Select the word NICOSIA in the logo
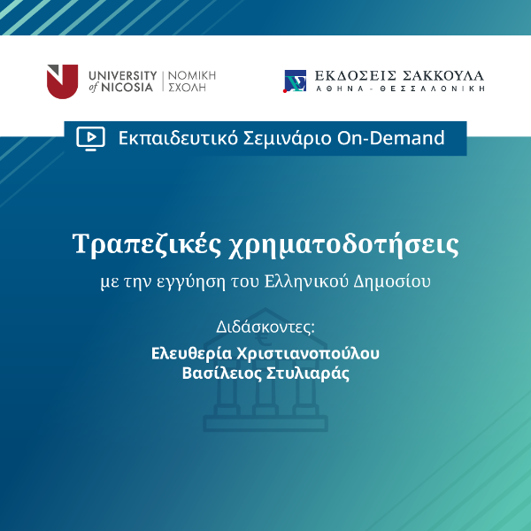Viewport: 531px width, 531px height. click(x=129, y=88)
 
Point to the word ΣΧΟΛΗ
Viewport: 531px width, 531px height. click(x=189, y=88)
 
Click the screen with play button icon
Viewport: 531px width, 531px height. click(x=90, y=137)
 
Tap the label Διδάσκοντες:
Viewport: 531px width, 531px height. click(x=265, y=326)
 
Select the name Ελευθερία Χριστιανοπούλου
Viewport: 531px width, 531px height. click(x=265, y=354)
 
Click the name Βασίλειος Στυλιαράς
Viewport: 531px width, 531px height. click(x=265, y=373)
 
